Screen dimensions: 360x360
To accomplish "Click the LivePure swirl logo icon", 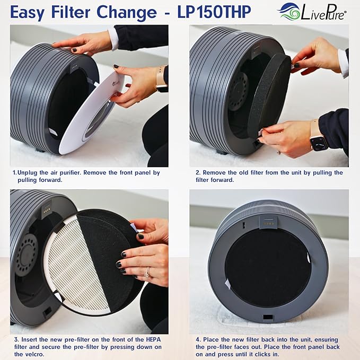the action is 288,12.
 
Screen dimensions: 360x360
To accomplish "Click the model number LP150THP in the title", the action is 214,12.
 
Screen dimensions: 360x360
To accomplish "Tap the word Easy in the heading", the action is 28,13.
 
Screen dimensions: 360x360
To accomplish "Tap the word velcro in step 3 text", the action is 32,354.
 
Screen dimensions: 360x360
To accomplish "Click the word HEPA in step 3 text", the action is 153,339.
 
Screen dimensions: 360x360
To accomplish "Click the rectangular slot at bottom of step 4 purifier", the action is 268,317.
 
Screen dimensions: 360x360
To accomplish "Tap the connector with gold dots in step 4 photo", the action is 268,223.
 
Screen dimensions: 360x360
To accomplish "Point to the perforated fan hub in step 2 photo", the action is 238,91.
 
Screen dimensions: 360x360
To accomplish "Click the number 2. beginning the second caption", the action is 198,173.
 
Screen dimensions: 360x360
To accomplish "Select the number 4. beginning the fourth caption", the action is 198,339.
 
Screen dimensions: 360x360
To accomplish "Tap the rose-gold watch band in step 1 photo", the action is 161,78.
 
